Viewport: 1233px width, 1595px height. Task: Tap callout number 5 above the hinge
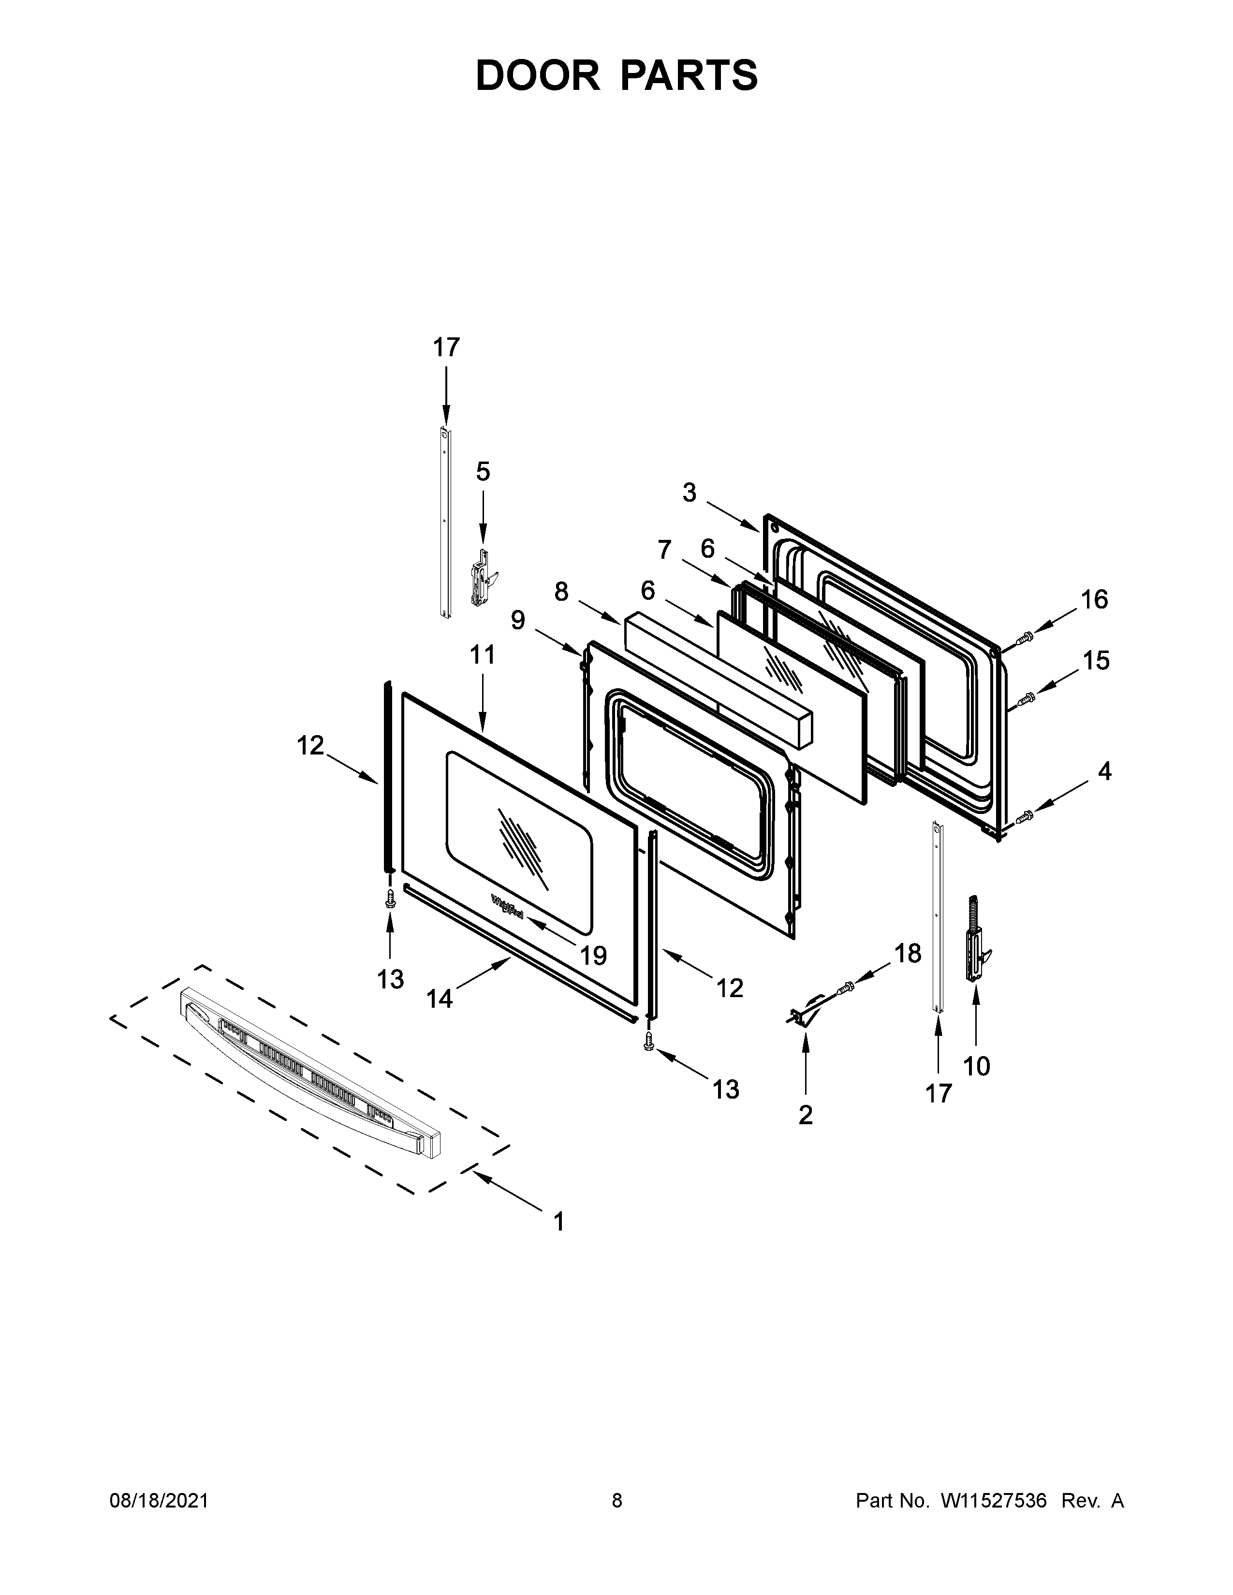(x=483, y=472)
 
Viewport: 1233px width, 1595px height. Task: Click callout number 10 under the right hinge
(x=977, y=1066)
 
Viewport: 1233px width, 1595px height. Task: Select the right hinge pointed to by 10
(x=977, y=942)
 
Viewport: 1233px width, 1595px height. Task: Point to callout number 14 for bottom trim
(x=440, y=999)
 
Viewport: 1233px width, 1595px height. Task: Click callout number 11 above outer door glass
(x=482, y=655)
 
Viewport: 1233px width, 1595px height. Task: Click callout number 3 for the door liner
(x=689, y=493)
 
